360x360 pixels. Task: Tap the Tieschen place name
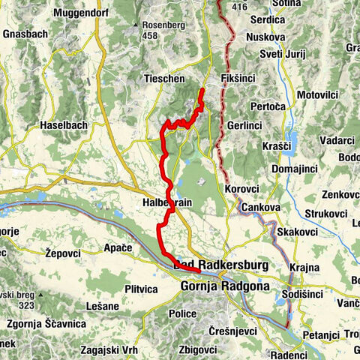[x=164, y=78]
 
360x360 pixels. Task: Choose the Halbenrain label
[x=168, y=203]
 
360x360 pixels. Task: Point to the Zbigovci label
[x=199, y=350]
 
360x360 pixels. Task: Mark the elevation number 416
[x=239, y=7]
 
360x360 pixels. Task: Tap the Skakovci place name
[x=295, y=233]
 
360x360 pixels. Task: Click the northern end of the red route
[x=202, y=91]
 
